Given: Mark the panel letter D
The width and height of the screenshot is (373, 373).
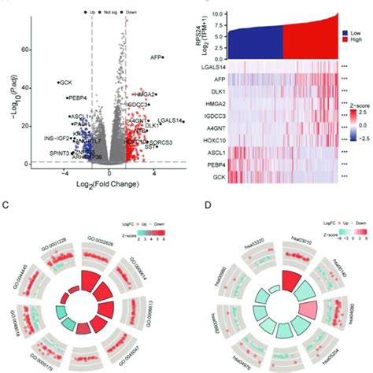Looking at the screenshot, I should point(194,207).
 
